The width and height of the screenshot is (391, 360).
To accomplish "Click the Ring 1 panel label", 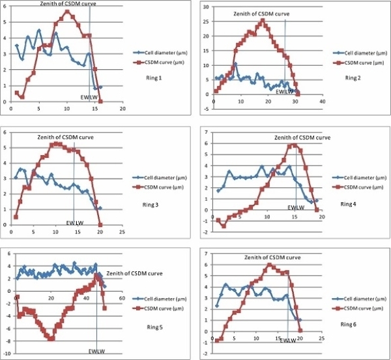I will pyautogui.click(x=153, y=78).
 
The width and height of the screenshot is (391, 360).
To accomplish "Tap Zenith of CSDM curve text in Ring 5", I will pyautogui.click(x=134, y=273).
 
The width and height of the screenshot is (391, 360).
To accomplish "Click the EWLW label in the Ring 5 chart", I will pyautogui.click(x=97, y=352).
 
